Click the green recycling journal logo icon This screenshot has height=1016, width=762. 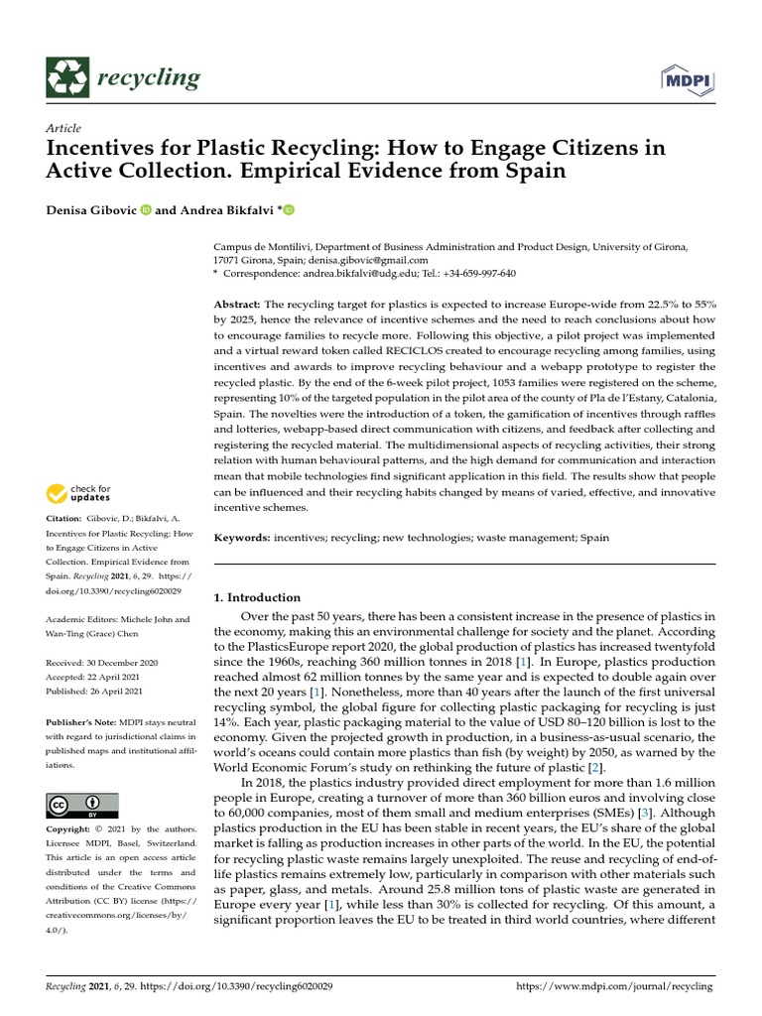[66, 77]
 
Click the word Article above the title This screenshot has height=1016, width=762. [63, 128]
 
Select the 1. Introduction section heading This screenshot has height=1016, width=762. [257, 597]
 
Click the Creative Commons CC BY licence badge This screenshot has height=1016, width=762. [82, 805]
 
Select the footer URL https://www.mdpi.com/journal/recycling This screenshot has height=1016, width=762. [615, 987]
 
